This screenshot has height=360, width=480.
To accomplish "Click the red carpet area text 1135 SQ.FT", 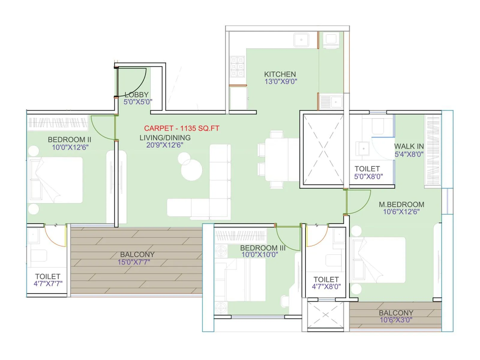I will pyautogui.click(x=181, y=128).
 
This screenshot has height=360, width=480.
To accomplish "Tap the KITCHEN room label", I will pyautogui.click(x=280, y=74).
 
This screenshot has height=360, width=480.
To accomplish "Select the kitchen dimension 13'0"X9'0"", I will pyautogui.click(x=280, y=81).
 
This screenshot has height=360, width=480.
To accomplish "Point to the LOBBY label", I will pyautogui.click(x=137, y=94).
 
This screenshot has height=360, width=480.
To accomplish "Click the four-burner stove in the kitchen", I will pyautogui.click(x=237, y=67).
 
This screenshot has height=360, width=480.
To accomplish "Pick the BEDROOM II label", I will pyautogui.click(x=69, y=139).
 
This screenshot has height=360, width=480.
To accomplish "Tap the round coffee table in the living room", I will pyautogui.click(x=191, y=169).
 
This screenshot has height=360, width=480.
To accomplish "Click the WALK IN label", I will pyautogui.click(x=409, y=146).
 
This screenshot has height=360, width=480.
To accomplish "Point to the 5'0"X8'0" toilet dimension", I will pyautogui.click(x=368, y=176).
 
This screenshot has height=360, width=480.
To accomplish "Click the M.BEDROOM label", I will pyautogui.click(x=401, y=204).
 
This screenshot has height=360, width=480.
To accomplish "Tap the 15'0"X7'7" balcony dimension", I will pyautogui.click(x=134, y=262).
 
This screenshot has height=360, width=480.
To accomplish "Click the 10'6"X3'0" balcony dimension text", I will pyautogui.click(x=396, y=320).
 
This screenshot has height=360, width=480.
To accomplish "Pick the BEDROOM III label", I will pyautogui.click(x=263, y=248).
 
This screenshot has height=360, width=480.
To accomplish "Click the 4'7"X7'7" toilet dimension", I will pyautogui.click(x=48, y=283).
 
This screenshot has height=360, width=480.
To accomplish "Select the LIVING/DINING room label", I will pyautogui.click(x=165, y=138).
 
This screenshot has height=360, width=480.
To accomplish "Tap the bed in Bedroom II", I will pyautogui.click(x=55, y=180).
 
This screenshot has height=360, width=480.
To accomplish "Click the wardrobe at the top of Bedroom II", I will pyautogui.click(x=58, y=123).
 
